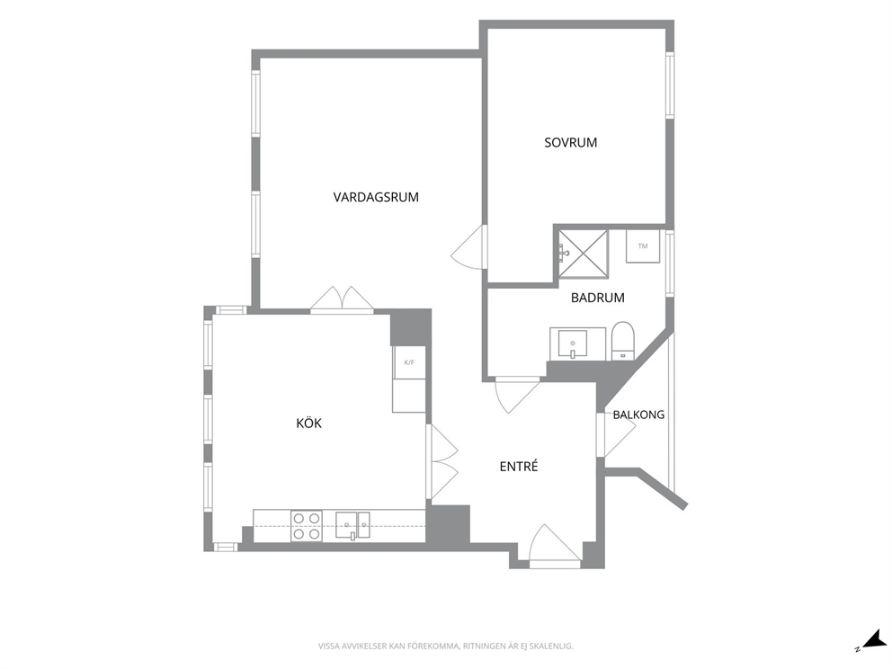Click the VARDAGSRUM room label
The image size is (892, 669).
376,198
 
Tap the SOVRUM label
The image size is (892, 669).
571,143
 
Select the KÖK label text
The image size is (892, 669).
309,424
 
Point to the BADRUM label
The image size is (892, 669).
598,298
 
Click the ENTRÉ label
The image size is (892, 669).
519,467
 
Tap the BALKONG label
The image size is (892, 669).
638,415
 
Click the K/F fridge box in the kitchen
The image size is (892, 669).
409,362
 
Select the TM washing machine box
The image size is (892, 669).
643,246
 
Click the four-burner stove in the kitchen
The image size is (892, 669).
306,526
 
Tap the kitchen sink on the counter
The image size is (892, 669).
352,525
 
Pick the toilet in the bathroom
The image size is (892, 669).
623,341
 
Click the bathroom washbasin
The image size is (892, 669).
572,344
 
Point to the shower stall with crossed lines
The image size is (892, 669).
583,254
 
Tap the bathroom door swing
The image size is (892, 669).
517,394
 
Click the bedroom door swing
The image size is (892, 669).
470,247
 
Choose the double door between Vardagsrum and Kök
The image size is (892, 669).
342,299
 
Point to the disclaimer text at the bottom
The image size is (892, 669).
445,647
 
